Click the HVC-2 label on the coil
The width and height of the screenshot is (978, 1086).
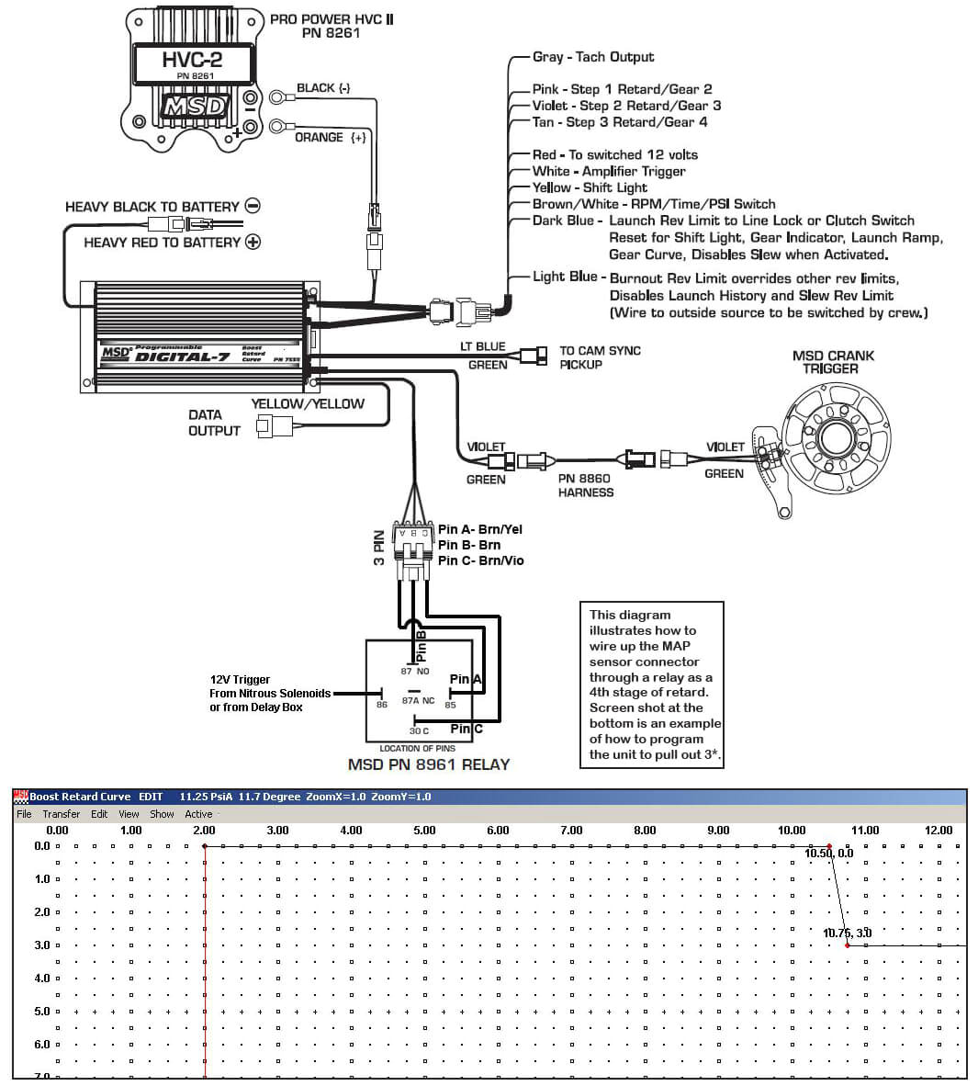point(192,61)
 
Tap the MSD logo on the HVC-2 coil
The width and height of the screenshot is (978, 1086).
point(193,107)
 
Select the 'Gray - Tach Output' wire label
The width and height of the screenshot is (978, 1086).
point(593,57)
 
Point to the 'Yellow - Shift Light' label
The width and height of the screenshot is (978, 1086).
point(590,187)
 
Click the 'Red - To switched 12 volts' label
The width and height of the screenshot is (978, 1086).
point(614,154)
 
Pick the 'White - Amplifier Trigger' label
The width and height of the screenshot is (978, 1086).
point(609,171)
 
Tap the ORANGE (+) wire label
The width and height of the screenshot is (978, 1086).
point(331,138)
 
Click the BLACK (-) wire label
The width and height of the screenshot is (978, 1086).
point(323,88)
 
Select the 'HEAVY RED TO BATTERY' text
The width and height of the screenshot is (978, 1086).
point(162,243)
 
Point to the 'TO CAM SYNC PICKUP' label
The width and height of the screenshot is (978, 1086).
point(600,357)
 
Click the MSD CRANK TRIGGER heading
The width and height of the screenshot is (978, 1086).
point(832,362)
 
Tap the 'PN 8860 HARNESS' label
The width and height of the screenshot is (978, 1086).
point(585,485)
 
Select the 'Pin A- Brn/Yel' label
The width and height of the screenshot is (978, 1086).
point(480,529)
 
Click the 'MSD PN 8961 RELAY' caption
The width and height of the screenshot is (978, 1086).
point(428,764)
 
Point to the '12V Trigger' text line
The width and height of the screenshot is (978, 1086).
point(240,680)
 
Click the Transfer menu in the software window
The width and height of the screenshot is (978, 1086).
point(62,814)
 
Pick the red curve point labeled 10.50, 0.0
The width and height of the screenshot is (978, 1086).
point(828,846)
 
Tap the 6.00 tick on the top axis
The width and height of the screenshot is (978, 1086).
point(498,831)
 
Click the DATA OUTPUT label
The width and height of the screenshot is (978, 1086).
point(214,423)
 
